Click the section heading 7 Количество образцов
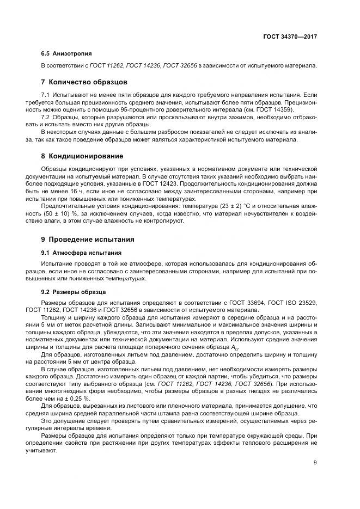pyautogui.click(x=84, y=82)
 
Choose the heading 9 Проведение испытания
pyautogui.click(x=88, y=239)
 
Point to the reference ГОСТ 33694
pyautogui.click(x=251, y=302)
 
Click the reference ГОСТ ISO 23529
pyautogui.click(x=295, y=302)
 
